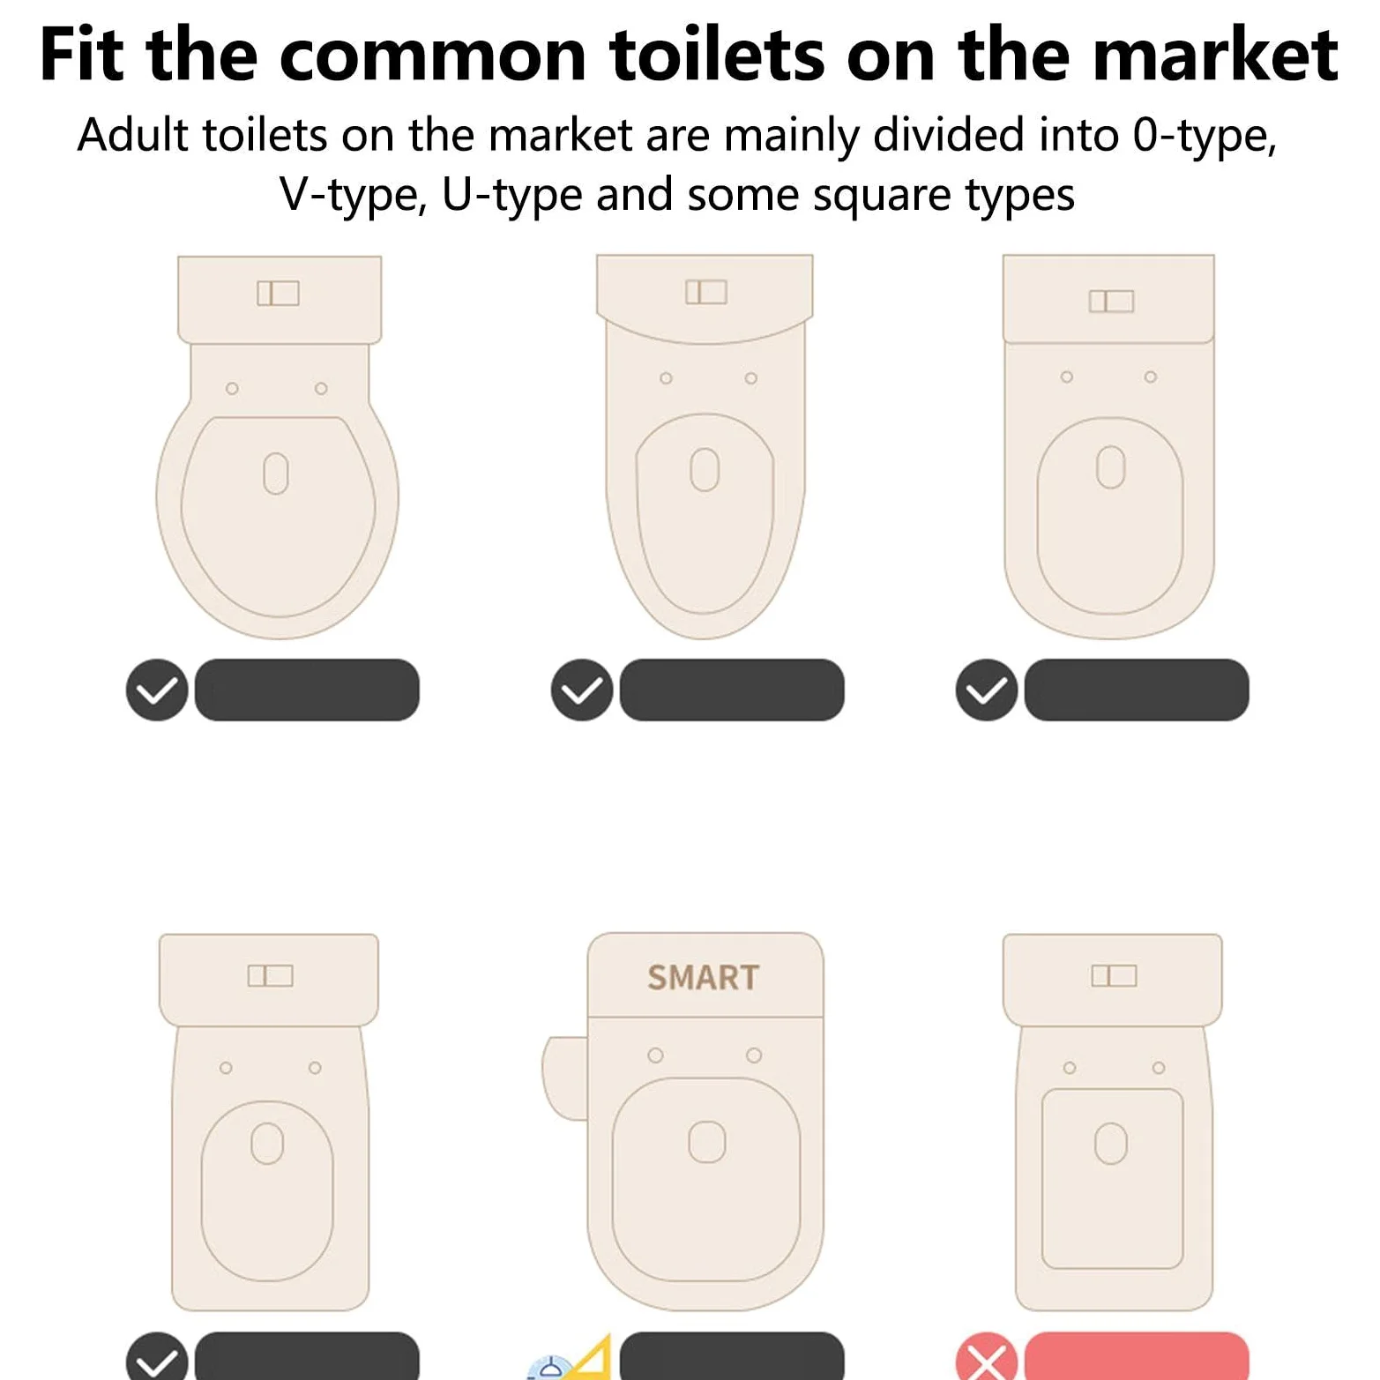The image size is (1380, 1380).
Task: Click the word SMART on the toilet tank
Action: click(x=703, y=977)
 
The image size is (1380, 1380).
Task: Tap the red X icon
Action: click(x=987, y=1359)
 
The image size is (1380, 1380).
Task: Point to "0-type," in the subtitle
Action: click(x=1205, y=137)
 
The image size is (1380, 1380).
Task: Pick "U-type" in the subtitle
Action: click(x=511, y=195)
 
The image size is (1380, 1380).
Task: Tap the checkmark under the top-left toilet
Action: click(x=157, y=690)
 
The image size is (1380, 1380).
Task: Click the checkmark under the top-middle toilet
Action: click(x=582, y=690)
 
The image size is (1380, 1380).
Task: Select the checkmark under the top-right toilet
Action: click(x=987, y=690)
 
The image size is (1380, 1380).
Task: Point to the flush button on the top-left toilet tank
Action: click(x=278, y=293)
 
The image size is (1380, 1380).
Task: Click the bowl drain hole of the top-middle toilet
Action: click(x=705, y=469)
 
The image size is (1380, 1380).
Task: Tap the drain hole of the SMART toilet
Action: click(x=706, y=1142)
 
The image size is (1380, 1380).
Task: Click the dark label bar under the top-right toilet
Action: click(x=1137, y=690)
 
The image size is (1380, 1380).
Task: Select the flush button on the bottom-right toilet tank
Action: click(x=1114, y=975)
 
